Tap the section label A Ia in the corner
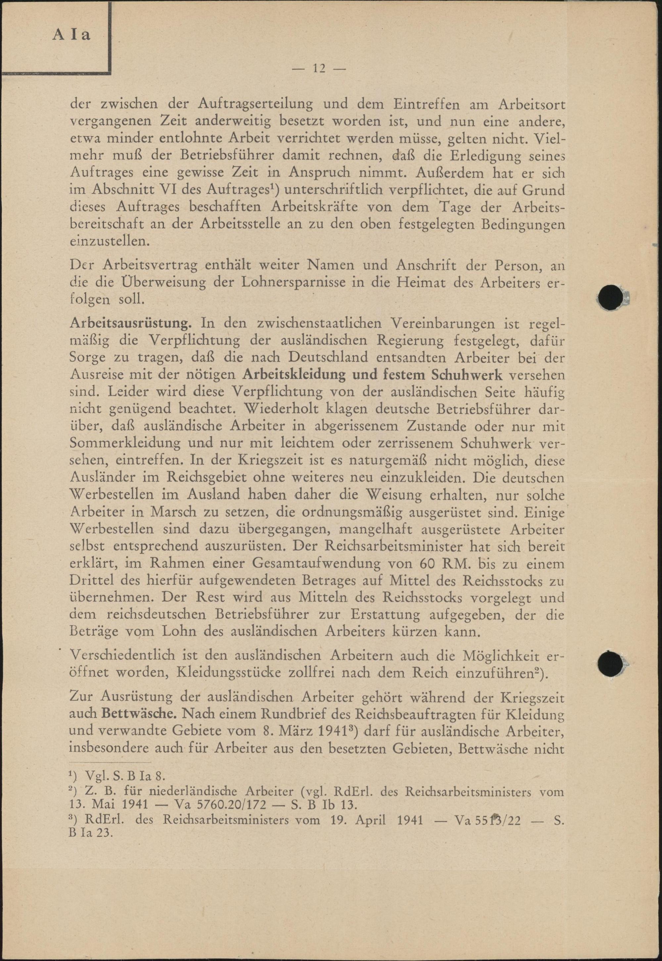click(x=71, y=35)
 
